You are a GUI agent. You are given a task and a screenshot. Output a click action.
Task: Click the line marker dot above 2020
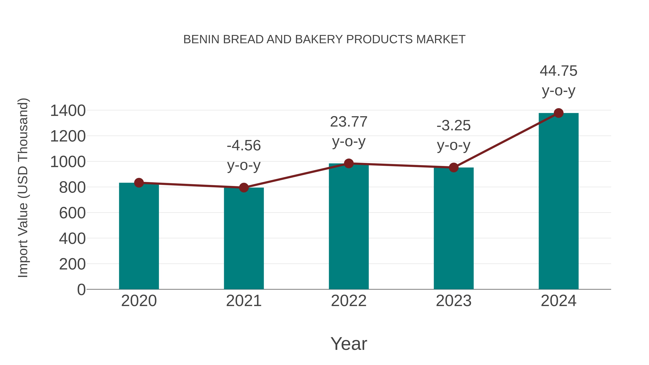tap(139, 183)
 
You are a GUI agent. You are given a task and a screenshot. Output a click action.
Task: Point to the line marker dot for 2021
tap(244, 187)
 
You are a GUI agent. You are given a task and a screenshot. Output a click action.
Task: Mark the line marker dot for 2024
tap(559, 113)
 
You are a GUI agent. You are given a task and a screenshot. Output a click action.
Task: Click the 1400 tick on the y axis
tap(68, 111)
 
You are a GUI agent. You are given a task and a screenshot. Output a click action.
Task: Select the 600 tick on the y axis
tap(72, 213)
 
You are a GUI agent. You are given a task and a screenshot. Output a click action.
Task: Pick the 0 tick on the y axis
tap(81, 289)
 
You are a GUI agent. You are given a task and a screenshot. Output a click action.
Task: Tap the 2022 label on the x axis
tap(349, 301)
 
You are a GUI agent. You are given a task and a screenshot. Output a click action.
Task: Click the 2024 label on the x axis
tap(559, 301)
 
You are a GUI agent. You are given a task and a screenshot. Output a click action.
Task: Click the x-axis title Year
tap(349, 344)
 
